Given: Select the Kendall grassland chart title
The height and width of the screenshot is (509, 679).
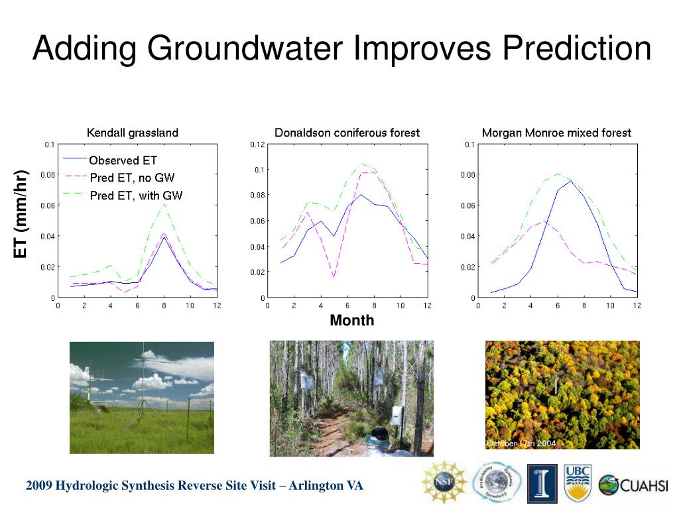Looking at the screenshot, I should pyautogui.click(x=133, y=133).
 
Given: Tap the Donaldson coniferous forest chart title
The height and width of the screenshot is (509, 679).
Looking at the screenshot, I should pyautogui.click(x=347, y=133).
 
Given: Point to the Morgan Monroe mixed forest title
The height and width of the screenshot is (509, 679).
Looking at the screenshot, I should pyautogui.click(x=556, y=133).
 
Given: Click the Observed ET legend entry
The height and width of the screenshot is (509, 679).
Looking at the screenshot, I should pyautogui.click(x=123, y=160).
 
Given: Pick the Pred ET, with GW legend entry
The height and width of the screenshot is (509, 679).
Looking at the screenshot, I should pyautogui.click(x=136, y=195).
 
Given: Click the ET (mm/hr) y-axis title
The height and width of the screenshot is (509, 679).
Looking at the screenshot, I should pyautogui.click(x=23, y=214).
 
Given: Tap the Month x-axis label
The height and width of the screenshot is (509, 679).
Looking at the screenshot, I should pyautogui.click(x=352, y=321).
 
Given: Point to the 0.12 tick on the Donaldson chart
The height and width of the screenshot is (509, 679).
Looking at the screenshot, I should pyautogui.click(x=257, y=144).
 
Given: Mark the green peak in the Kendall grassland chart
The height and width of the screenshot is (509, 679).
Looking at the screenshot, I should pyautogui.click(x=164, y=204).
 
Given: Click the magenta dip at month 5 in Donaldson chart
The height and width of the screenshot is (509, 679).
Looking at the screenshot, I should pyautogui.click(x=334, y=277).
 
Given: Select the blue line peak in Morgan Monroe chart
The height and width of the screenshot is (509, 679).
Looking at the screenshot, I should pyautogui.click(x=571, y=181).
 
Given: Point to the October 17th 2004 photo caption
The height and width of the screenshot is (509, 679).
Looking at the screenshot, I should pyautogui.click(x=521, y=443).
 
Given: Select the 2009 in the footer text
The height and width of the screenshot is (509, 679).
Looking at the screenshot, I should pyautogui.click(x=39, y=486).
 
